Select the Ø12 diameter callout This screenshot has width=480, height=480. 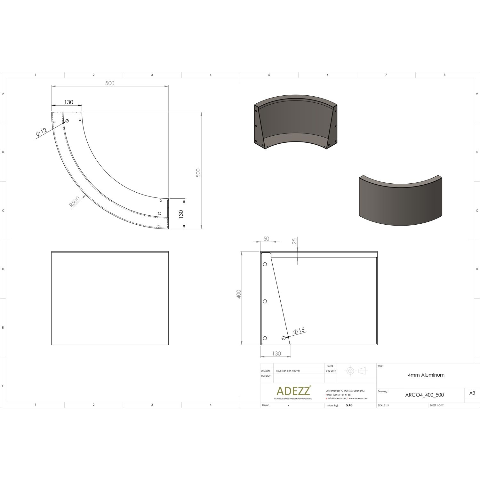[41, 132]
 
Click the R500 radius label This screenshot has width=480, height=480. [75, 203]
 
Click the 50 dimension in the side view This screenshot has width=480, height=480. [266, 239]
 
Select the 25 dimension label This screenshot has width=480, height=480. [295, 241]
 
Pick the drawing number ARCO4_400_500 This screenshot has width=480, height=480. [424, 395]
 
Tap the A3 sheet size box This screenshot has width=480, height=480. [472, 393]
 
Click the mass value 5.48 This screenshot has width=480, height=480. [349, 405]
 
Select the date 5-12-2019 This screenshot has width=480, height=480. [330, 371]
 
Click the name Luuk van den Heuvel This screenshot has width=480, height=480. [288, 371]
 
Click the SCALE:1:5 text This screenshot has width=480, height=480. [383, 405]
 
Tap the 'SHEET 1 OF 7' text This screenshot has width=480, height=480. [436, 405]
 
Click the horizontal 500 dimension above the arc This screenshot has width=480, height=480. [110, 83]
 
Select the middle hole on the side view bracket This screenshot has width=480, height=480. [265, 301]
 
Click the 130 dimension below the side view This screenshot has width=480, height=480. [276, 353]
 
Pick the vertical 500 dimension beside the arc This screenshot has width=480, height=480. [198, 173]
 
